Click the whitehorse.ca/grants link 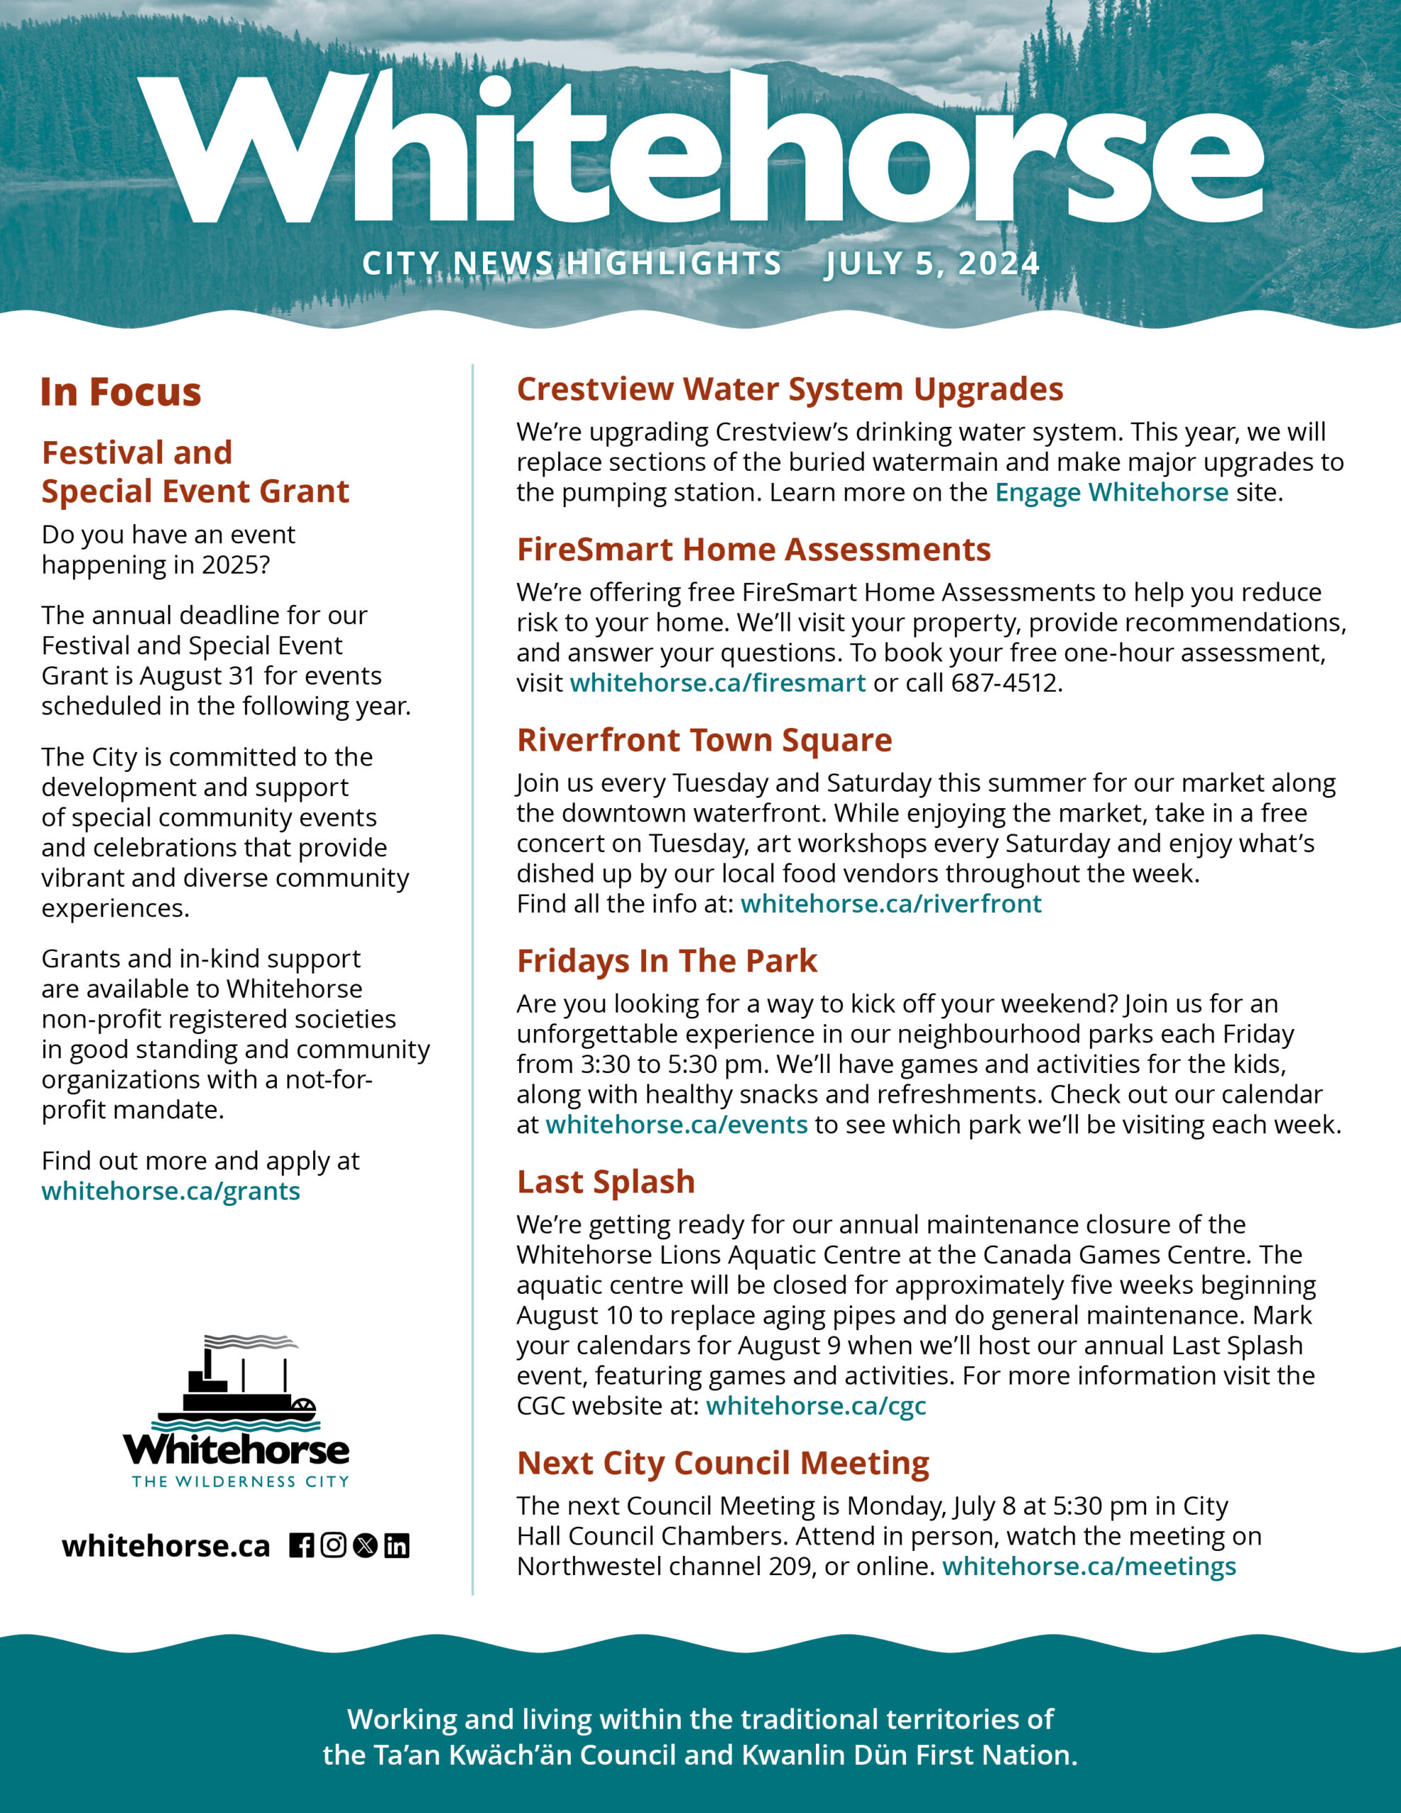click(170, 1191)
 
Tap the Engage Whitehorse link click(1111, 492)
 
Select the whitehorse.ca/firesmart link click(717, 683)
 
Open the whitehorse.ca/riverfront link click(890, 903)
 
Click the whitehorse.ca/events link click(676, 1124)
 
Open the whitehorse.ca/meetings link click(1089, 1566)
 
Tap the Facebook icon click(302, 1546)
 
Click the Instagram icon click(333, 1546)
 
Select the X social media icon click(365, 1546)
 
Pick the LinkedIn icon click(397, 1546)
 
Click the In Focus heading click(121, 392)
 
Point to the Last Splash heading click(606, 1181)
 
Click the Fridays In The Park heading click(667, 960)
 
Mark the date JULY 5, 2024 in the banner click(932, 264)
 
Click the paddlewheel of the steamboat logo click(304, 1409)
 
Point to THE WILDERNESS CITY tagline click(240, 1482)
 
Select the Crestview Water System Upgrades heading click(790, 389)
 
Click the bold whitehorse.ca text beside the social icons click(166, 1546)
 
